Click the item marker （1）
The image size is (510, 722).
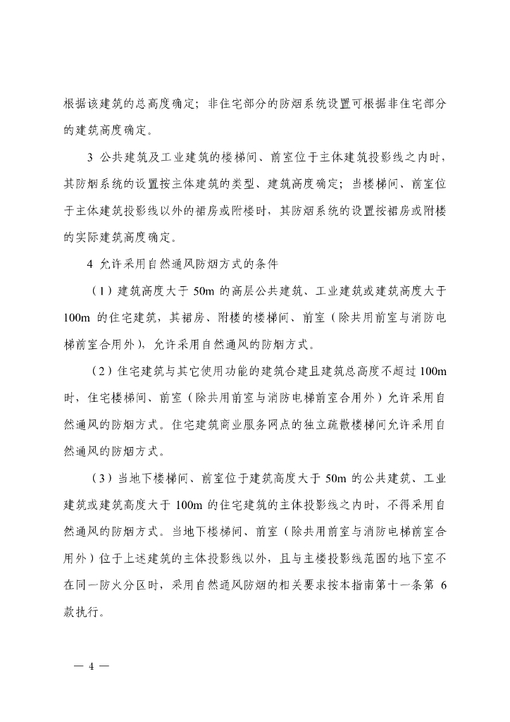point(102,290)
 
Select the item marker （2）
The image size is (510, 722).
point(102,371)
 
